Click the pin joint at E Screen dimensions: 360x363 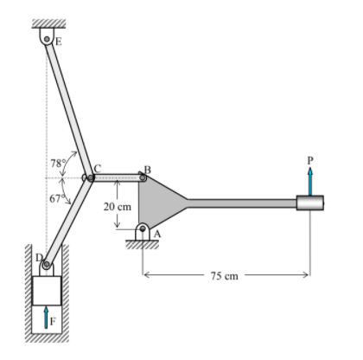pos(47,39)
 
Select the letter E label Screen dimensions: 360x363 pos(59,41)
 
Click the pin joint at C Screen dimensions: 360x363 pos(89,178)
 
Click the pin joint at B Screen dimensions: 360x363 pos(143,178)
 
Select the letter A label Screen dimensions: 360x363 pos(157,234)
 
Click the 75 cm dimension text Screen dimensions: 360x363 pos(223,275)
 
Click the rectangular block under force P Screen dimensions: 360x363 pos(310,203)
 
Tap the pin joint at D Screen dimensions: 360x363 pos(46,264)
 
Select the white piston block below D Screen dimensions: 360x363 pos(47,290)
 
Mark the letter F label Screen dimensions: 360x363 pos(53,322)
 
